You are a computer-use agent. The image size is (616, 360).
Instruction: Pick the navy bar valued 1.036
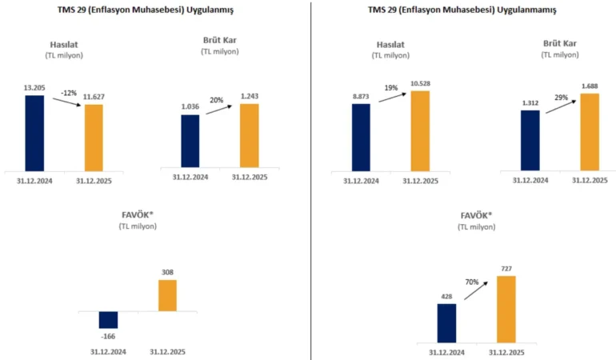pyautogui.click(x=190, y=141)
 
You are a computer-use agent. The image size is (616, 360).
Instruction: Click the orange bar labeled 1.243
pyautogui.click(x=250, y=135)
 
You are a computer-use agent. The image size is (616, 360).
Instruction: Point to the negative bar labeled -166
pyautogui.click(x=108, y=319)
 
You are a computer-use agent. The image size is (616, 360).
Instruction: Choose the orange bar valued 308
pyautogui.click(x=167, y=295)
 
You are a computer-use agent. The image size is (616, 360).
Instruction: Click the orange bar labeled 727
pyautogui.click(x=506, y=309)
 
